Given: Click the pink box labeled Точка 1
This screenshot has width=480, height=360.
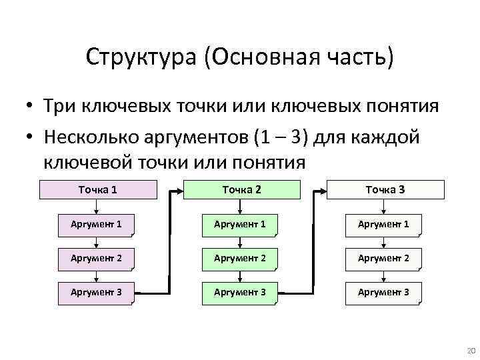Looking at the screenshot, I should pos(98,190).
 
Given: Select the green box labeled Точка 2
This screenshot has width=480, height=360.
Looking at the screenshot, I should pos(241,190).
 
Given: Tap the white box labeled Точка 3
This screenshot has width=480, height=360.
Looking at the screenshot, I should pos(384,190).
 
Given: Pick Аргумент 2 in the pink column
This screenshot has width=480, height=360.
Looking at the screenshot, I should pos(97,258).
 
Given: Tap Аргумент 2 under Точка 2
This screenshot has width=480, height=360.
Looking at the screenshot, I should pos(240,258).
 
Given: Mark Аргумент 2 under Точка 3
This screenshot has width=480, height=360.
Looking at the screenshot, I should pos(383,258).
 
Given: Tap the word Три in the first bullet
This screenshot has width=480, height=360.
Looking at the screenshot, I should pos(59,107).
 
